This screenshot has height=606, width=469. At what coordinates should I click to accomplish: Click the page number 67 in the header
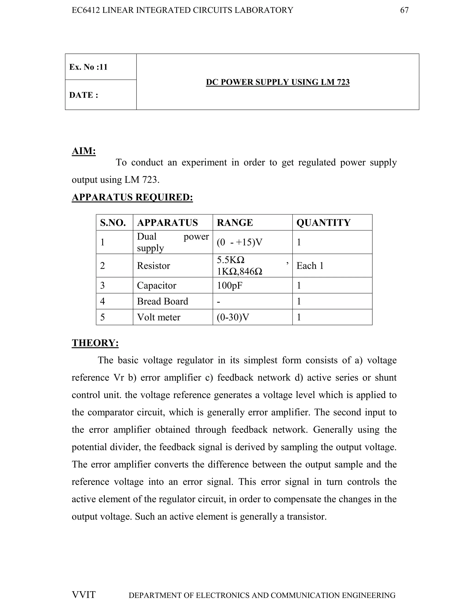tap(404, 10)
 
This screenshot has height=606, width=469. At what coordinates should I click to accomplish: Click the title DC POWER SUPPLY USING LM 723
tap(277, 82)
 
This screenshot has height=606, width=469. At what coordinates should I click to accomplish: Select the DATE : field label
tap(84, 95)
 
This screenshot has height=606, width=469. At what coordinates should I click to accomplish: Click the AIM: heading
tap(84, 151)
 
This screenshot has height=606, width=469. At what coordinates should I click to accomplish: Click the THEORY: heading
tap(95, 343)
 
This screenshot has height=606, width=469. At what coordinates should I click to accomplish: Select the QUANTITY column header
tap(323, 223)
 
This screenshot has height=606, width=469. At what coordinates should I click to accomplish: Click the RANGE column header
tap(235, 223)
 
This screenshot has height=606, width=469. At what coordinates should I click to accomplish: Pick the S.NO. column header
tap(113, 223)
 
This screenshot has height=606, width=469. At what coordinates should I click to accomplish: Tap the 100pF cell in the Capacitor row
tap(229, 285)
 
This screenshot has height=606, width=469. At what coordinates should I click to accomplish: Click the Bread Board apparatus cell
tap(163, 301)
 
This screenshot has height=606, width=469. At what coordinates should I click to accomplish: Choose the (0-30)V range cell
tap(233, 317)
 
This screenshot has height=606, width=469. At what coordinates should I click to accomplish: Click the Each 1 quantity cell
tap(310, 265)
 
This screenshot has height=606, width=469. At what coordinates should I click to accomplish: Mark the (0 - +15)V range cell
tap(239, 242)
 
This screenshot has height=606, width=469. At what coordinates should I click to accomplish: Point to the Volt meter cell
tap(159, 317)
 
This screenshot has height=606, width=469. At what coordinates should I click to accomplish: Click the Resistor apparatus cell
tap(153, 265)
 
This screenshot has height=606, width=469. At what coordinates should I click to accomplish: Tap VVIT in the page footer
tap(84, 595)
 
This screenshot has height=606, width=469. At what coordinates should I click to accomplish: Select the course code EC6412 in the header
tap(86, 10)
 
